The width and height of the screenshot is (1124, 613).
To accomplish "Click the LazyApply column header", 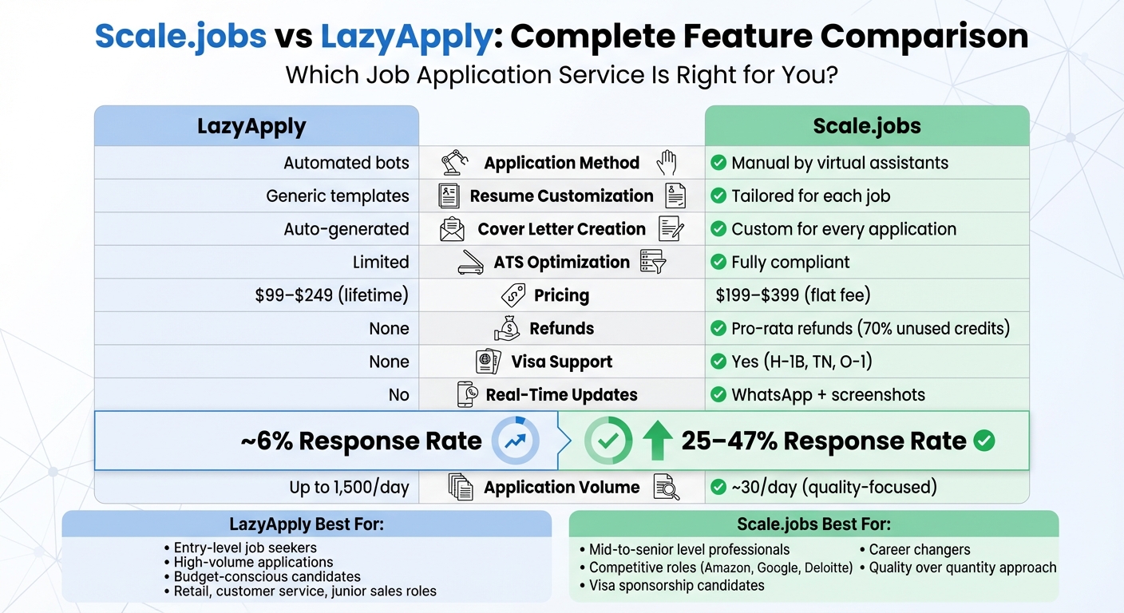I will [x=252, y=126].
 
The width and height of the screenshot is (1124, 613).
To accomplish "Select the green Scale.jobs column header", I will [x=866, y=126].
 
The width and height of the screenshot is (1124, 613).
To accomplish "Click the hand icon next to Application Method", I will [x=666, y=163].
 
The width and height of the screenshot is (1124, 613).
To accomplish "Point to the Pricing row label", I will [x=561, y=295].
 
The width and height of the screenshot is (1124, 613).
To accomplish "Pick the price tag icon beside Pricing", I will [x=513, y=295].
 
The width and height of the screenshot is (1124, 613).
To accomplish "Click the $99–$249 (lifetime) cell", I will [x=331, y=295].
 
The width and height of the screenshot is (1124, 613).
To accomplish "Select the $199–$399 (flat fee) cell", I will [x=793, y=295].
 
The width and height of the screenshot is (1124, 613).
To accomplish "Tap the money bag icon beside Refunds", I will [x=507, y=328].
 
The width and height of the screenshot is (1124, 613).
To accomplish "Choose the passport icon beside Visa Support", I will [x=488, y=362].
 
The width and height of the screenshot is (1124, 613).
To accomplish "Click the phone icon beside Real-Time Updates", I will [x=468, y=394].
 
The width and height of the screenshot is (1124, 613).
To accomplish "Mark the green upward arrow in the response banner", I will [x=657, y=441].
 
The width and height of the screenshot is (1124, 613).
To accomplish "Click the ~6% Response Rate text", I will [x=361, y=441].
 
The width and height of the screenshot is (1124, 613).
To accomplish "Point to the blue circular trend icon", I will [x=515, y=441].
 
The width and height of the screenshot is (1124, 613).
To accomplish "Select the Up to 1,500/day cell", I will [x=349, y=487].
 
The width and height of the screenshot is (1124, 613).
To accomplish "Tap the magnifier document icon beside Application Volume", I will [x=666, y=487].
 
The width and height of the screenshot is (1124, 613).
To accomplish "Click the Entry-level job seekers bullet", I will [x=245, y=548].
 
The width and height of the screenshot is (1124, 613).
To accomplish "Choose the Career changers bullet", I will [x=919, y=549].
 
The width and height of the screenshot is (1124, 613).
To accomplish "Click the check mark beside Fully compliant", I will [x=718, y=262].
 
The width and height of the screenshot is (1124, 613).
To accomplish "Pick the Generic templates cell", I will [x=337, y=196].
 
